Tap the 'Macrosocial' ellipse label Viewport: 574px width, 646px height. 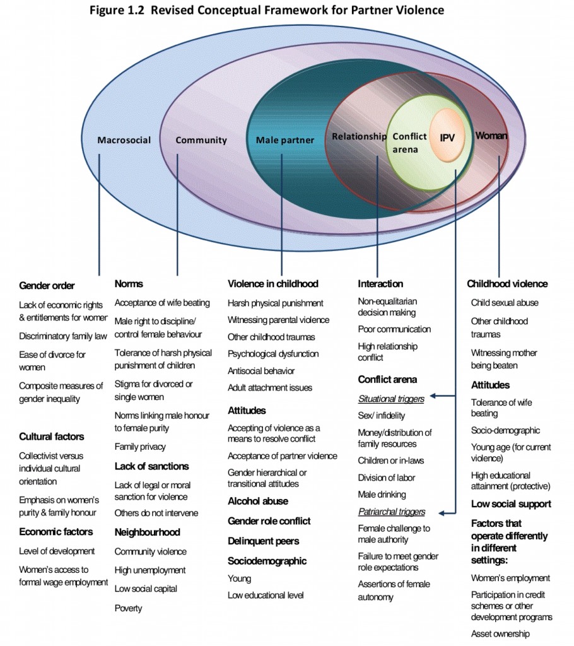tap(124, 140)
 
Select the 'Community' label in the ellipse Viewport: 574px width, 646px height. tap(201, 140)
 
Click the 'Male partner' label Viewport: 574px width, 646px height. tap(284, 140)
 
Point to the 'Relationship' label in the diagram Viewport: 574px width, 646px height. tap(359, 136)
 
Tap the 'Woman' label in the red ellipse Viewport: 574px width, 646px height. tap(491, 136)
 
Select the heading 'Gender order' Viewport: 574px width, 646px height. tap(47, 286)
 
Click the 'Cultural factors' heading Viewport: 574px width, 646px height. tap(51, 437)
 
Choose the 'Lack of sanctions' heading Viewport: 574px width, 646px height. tap(151, 466)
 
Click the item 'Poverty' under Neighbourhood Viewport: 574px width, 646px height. tap(128, 608)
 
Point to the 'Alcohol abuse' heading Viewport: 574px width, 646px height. tap(257, 501)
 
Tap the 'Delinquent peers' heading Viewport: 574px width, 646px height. tap(263, 541)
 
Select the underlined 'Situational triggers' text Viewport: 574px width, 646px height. tap(391, 399)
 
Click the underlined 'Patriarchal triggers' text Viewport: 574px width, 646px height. tap(392, 512)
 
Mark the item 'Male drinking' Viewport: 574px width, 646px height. tap(382, 495)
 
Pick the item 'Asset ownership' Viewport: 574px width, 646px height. tap(500, 633)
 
